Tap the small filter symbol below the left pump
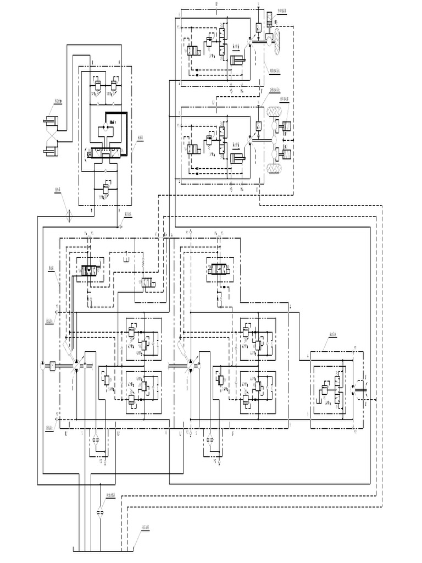pos(96,439)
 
